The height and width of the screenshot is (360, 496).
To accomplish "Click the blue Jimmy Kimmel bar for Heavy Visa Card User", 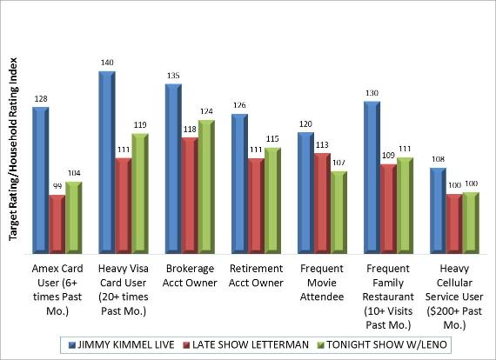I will [x=106, y=161].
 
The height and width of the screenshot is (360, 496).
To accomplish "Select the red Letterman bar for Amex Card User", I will [x=57, y=222].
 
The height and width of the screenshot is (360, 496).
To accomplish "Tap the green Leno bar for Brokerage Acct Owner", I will [x=205, y=184].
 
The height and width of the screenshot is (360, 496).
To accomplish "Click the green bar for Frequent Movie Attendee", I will [x=338, y=210].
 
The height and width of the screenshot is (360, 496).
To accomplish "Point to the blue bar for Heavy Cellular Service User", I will [x=438, y=208].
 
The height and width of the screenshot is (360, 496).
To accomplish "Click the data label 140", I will [x=108, y=63].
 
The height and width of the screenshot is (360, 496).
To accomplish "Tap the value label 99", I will [x=57, y=188].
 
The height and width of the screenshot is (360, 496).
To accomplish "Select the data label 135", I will [x=173, y=76].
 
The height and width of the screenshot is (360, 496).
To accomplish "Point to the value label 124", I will [x=206, y=111].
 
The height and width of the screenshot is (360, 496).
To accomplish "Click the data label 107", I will [x=338, y=163].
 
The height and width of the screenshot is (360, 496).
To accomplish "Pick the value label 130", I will [x=372, y=93].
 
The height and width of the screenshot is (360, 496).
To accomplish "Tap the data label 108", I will [x=438, y=159].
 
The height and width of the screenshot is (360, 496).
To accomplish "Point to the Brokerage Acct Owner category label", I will [x=190, y=275].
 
